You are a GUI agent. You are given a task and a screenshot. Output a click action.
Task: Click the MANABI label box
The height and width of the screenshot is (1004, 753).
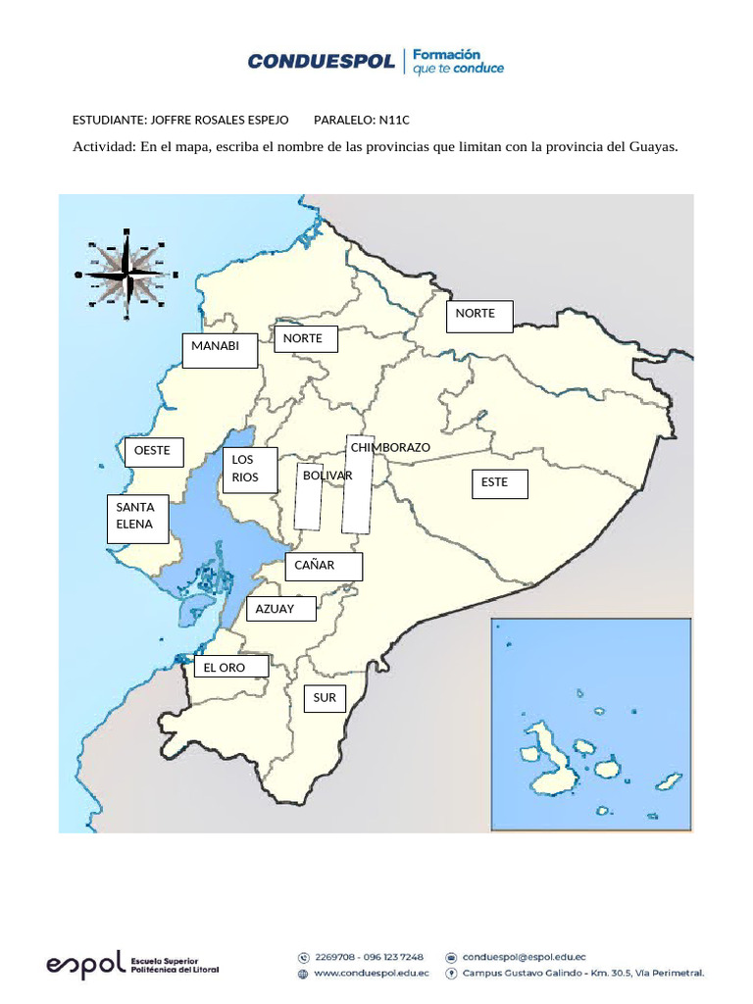coord(221,350)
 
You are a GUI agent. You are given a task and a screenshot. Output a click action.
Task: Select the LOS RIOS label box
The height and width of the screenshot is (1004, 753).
coord(250,470)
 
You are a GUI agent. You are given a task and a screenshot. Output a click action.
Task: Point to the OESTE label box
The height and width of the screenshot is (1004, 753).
coord(154,452)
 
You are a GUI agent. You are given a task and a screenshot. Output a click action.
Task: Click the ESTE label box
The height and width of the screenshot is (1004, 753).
coord(499,483)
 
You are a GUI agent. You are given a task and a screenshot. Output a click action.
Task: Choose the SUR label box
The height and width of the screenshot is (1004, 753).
coord(325,698)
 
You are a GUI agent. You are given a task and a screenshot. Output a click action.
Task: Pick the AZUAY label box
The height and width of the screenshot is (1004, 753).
coord(280,609)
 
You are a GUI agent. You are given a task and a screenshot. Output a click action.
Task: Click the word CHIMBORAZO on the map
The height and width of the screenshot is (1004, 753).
coord(390,447)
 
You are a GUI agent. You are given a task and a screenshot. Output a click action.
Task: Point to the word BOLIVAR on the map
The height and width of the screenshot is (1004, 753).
coord(327,475)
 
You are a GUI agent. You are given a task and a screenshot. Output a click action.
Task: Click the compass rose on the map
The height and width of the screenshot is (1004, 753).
coord(127,274)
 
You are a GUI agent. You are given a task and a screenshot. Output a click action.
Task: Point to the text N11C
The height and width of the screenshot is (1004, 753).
coord(393,120)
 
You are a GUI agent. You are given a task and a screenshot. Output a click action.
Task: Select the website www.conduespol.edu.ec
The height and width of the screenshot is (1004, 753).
coord(372,974)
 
